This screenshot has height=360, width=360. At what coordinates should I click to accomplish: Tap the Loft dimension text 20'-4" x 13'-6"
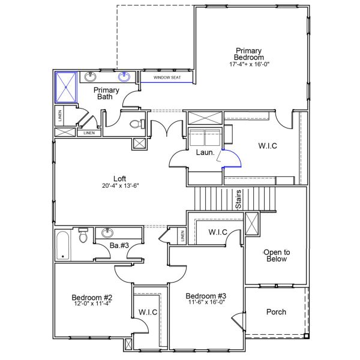point(119,185)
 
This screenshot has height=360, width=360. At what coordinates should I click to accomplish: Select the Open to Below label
point(277,256)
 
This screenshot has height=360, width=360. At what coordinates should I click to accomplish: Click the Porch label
point(275,312)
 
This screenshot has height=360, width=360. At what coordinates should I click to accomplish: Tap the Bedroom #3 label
point(205,296)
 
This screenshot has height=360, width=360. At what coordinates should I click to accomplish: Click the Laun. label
point(201,152)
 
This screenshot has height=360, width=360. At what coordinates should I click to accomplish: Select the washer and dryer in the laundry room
point(205,137)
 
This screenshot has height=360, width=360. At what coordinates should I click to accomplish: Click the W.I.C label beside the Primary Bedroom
point(268,145)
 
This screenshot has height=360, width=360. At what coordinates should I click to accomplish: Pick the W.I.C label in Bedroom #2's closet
point(147,312)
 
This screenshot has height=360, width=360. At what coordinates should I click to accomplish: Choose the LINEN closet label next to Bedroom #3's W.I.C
point(181,236)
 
